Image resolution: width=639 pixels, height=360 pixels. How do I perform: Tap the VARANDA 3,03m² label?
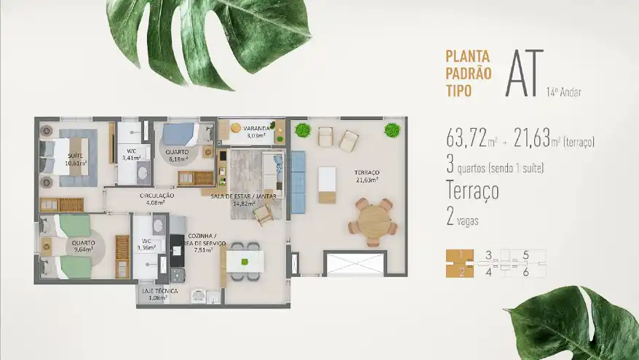257,132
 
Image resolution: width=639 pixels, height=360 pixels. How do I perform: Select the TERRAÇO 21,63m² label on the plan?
368,176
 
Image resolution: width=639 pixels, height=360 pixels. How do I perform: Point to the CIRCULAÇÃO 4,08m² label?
157,199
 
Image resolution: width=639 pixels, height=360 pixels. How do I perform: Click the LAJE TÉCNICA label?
160,291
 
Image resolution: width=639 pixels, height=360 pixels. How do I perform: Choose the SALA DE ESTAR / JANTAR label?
244,196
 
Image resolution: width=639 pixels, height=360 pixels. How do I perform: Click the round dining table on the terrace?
373,222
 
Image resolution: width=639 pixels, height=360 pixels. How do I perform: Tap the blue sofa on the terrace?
298,182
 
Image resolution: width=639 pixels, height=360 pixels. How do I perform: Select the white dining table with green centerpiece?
245,261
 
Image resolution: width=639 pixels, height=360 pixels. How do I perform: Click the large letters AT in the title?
525,73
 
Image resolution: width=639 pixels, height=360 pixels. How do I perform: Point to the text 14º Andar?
563,92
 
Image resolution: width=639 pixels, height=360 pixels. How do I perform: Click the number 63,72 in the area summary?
467,137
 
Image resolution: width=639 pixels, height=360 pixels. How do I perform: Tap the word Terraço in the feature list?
473,190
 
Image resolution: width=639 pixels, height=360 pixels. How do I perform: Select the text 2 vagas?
463,217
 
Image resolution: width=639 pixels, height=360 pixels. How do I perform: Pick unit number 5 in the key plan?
525,255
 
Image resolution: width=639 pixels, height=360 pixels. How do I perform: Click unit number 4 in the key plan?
488,271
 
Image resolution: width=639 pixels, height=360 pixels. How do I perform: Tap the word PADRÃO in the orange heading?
469,73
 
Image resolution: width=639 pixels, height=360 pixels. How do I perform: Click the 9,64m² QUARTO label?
83,246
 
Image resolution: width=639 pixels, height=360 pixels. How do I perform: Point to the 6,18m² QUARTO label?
177,155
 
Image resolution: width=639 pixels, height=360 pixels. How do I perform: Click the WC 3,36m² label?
146,244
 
